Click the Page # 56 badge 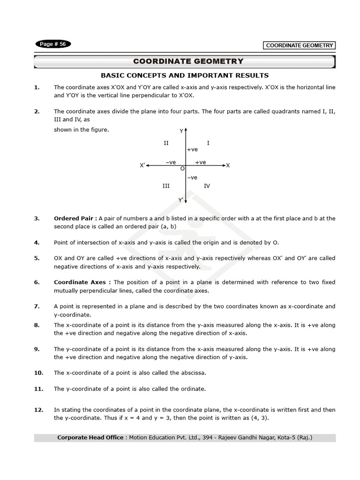tap(53, 44)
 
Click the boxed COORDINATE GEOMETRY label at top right tap(300, 45)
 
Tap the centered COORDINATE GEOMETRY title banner tap(188, 61)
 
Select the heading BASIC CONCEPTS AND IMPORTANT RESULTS tap(185, 75)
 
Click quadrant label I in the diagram tap(208, 142)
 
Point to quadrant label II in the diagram tap(166, 142)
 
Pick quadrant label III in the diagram tap(166, 186)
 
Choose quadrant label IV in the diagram tap(207, 186)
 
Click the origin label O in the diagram tap(182, 168)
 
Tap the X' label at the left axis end tap(142, 165)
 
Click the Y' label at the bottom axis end tap(181, 200)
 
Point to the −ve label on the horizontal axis tap(171, 162)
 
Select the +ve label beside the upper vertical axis tap(192, 150)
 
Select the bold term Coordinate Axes tap(82, 282)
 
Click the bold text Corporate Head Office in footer tap(90, 438)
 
